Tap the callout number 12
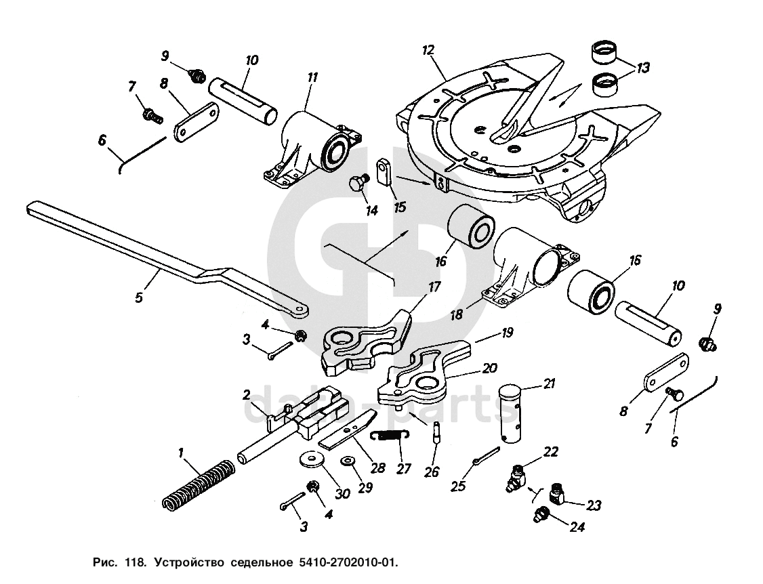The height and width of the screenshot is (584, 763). click(428, 50)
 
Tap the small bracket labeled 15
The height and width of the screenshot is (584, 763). click(385, 171)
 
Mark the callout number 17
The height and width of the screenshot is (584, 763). click(434, 287)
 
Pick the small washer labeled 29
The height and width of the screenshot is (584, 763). click(348, 461)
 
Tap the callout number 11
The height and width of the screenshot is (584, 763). click(312, 78)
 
